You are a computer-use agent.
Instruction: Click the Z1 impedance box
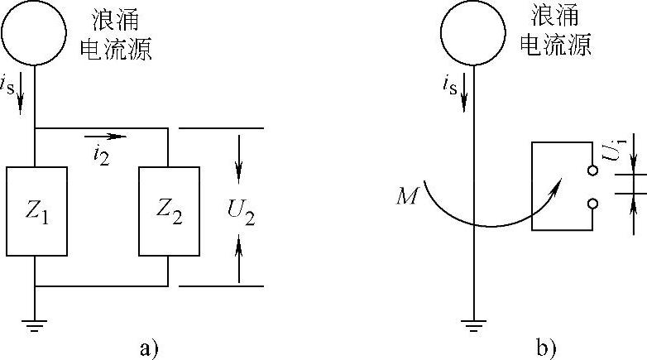coord(36,211)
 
